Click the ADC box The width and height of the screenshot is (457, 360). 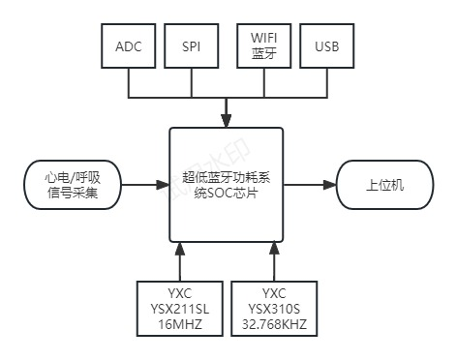130,46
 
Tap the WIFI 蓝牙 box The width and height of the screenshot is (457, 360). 259,46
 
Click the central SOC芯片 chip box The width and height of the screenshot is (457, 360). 226,184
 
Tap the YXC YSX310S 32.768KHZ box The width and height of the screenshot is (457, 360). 274,308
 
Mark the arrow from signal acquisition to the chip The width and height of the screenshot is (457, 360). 146,184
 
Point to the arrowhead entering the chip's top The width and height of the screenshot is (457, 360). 226,121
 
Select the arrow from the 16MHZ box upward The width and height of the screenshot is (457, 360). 179,261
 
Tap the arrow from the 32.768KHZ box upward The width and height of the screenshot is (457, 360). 274,261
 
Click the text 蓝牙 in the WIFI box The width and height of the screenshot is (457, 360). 259,55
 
